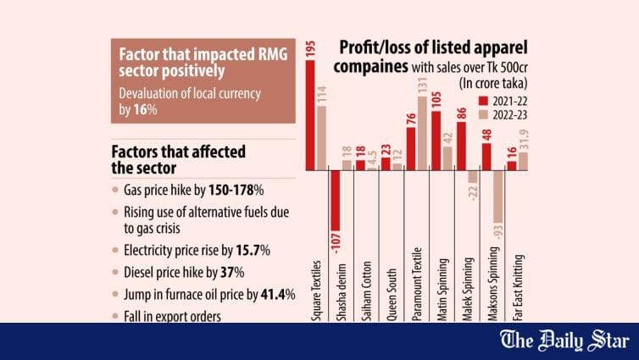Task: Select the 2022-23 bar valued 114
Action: click(x=322, y=137)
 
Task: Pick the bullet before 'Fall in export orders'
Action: click(x=117, y=317)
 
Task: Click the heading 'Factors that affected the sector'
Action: click(x=179, y=159)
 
